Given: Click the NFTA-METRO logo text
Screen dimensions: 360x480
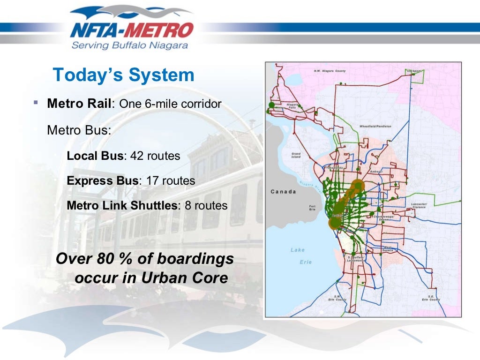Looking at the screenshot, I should tap(131, 30).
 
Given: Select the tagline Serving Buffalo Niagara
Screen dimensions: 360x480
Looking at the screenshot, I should tap(130, 45).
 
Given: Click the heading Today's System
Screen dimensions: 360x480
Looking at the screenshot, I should tap(123, 75).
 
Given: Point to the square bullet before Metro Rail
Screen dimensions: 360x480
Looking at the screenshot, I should tap(36, 102).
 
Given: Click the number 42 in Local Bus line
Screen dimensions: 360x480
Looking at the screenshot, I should tap(137, 156).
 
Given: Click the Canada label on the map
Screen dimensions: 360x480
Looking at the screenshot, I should tap(284, 191).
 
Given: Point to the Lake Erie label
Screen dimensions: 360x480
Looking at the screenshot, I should tap(299, 256).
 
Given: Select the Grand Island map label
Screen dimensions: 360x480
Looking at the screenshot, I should tap(296, 155).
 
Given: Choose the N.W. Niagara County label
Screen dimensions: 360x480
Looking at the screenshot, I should tap(330, 71).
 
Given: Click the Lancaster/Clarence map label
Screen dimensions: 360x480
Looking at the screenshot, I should tap(419, 205).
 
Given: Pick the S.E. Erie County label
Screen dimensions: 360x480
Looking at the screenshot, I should tap(431, 298).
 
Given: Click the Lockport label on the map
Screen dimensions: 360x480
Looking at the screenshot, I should tap(414, 71).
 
